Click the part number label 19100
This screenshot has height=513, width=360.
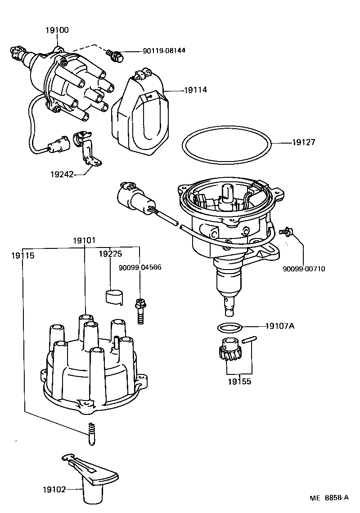coord(57,30)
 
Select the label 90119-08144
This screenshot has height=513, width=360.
coord(164,51)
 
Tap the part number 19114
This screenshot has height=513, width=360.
coord(195,90)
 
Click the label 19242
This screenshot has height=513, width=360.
coord(62,174)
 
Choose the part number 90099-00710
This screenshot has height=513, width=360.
coord(304,269)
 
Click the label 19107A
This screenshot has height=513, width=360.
coord(280,326)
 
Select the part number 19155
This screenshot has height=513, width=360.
coord(239,381)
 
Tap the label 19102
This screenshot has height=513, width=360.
coord(54,490)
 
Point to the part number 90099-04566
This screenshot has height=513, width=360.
coord(140,267)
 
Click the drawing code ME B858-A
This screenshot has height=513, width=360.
coord(329,498)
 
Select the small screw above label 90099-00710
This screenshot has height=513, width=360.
coord(286,232)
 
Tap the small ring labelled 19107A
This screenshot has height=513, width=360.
coord(229,327)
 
